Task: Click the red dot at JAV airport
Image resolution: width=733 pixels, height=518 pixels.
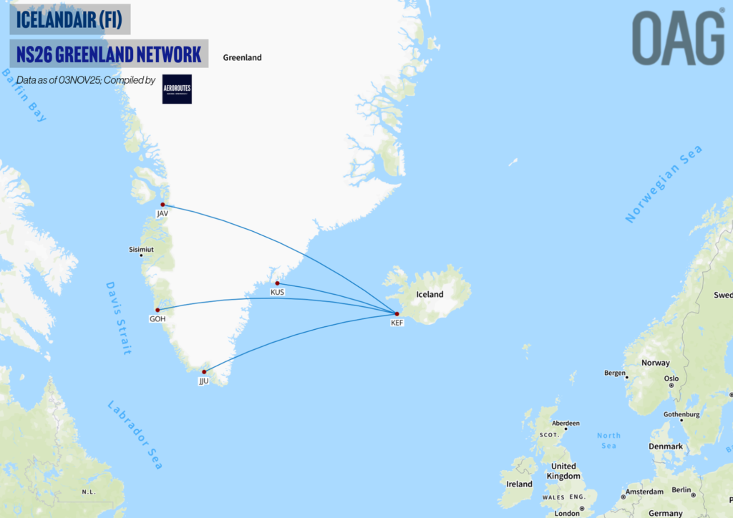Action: pos(163,205)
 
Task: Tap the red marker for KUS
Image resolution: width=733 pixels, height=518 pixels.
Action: pos(278,283)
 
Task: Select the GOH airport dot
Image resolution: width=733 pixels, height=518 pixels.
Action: pos(157,310)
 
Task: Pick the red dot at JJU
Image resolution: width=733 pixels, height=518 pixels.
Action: pos(204,372)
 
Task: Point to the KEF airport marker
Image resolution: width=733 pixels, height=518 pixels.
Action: pos(397,314)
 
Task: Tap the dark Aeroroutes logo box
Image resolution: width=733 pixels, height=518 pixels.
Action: pos(177,89)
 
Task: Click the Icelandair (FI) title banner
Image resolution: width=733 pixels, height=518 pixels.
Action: pos(69,20)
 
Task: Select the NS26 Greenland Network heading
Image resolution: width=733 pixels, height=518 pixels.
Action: pos(109,54)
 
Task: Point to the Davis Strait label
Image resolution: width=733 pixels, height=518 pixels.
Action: pos(119,318)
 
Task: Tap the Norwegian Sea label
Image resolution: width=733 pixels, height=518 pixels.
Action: pos(664,183)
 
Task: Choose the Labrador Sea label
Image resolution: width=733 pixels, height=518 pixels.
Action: pos(135,434)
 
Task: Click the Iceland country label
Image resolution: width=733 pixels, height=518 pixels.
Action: pos(429,294)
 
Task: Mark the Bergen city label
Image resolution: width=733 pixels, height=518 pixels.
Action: pos(614,373)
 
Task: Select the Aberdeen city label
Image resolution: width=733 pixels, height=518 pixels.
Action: pos(565,423)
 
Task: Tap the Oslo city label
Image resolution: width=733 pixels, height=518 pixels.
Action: pos(671,378)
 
